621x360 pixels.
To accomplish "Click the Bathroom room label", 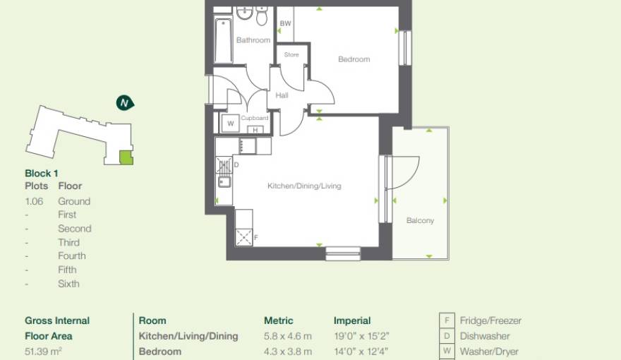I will click(x=253, y=40).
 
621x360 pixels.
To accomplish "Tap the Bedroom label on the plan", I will click(x=354, y=59).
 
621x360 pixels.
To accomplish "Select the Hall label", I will click(x=282, y=95).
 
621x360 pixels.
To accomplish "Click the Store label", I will click(x=291, y=54).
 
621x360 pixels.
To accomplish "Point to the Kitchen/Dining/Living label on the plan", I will click(x=303, y=186).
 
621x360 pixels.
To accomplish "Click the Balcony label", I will click(x=420, y=221).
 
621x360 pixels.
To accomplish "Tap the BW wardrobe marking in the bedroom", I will click(x=285, y=24).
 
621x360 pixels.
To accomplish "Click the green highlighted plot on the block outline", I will click(x=126, y=157).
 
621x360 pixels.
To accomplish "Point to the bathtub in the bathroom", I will click(x=224, y=38).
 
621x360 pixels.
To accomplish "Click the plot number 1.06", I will click(x=34, y=201).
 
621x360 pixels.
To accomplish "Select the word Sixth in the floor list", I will click(x=68, y=284).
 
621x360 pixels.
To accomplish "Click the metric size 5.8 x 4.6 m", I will click(x=287, y=336).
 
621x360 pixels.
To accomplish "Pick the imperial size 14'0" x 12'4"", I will click(x=361, y=351).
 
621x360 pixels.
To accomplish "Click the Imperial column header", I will click(x=352, y=320).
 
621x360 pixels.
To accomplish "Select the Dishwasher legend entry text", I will click(x=485, y=336).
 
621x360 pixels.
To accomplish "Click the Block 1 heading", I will click(x=42, y=173).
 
